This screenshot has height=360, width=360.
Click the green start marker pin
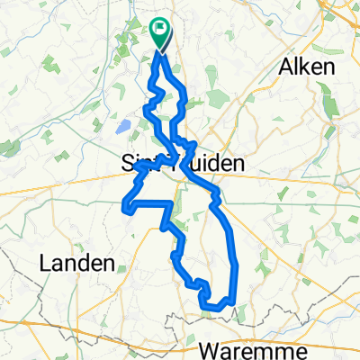click(x=160, y=32)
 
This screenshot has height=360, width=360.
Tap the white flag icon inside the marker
click(x=161, y=30)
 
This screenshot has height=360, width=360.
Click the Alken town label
click(x=308, y=67)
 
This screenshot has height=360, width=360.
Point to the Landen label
click(x=78, y=264)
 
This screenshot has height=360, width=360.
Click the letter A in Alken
click(x=287, y=67)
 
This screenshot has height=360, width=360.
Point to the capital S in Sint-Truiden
click(x=128, y=163)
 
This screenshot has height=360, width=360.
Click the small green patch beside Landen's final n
click(x=120, y=261)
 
